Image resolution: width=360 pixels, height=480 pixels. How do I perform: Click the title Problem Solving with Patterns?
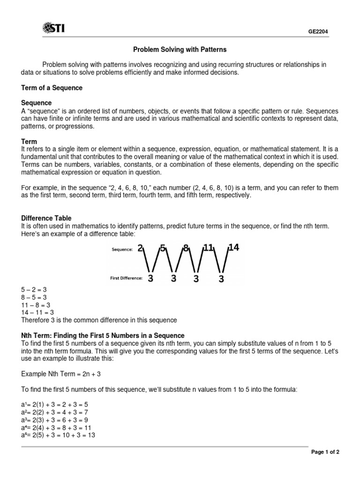click(x=180, y=49)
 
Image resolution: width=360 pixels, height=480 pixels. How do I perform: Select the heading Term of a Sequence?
click(x=52, y=88)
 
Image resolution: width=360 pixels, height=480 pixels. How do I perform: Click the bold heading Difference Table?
click(x=46, y=218)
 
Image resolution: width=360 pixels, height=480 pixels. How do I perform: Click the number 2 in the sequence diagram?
click(x=140, y=248)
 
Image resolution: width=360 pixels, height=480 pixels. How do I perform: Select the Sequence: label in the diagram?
click(x=122, y=250)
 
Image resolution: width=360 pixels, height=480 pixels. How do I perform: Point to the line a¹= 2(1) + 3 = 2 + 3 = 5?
click(x=58, y=404)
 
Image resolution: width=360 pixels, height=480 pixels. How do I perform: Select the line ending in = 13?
click(x=58, y=435)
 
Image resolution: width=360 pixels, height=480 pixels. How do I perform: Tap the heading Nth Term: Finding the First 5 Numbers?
click(x=103, y=335)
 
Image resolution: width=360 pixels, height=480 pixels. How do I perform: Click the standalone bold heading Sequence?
click(x=37, y=103)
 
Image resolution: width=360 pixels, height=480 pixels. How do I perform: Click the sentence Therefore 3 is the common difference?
click(x=99, y=320)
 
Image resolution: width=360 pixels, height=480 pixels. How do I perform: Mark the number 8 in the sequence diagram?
click(x=186, y=248)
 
